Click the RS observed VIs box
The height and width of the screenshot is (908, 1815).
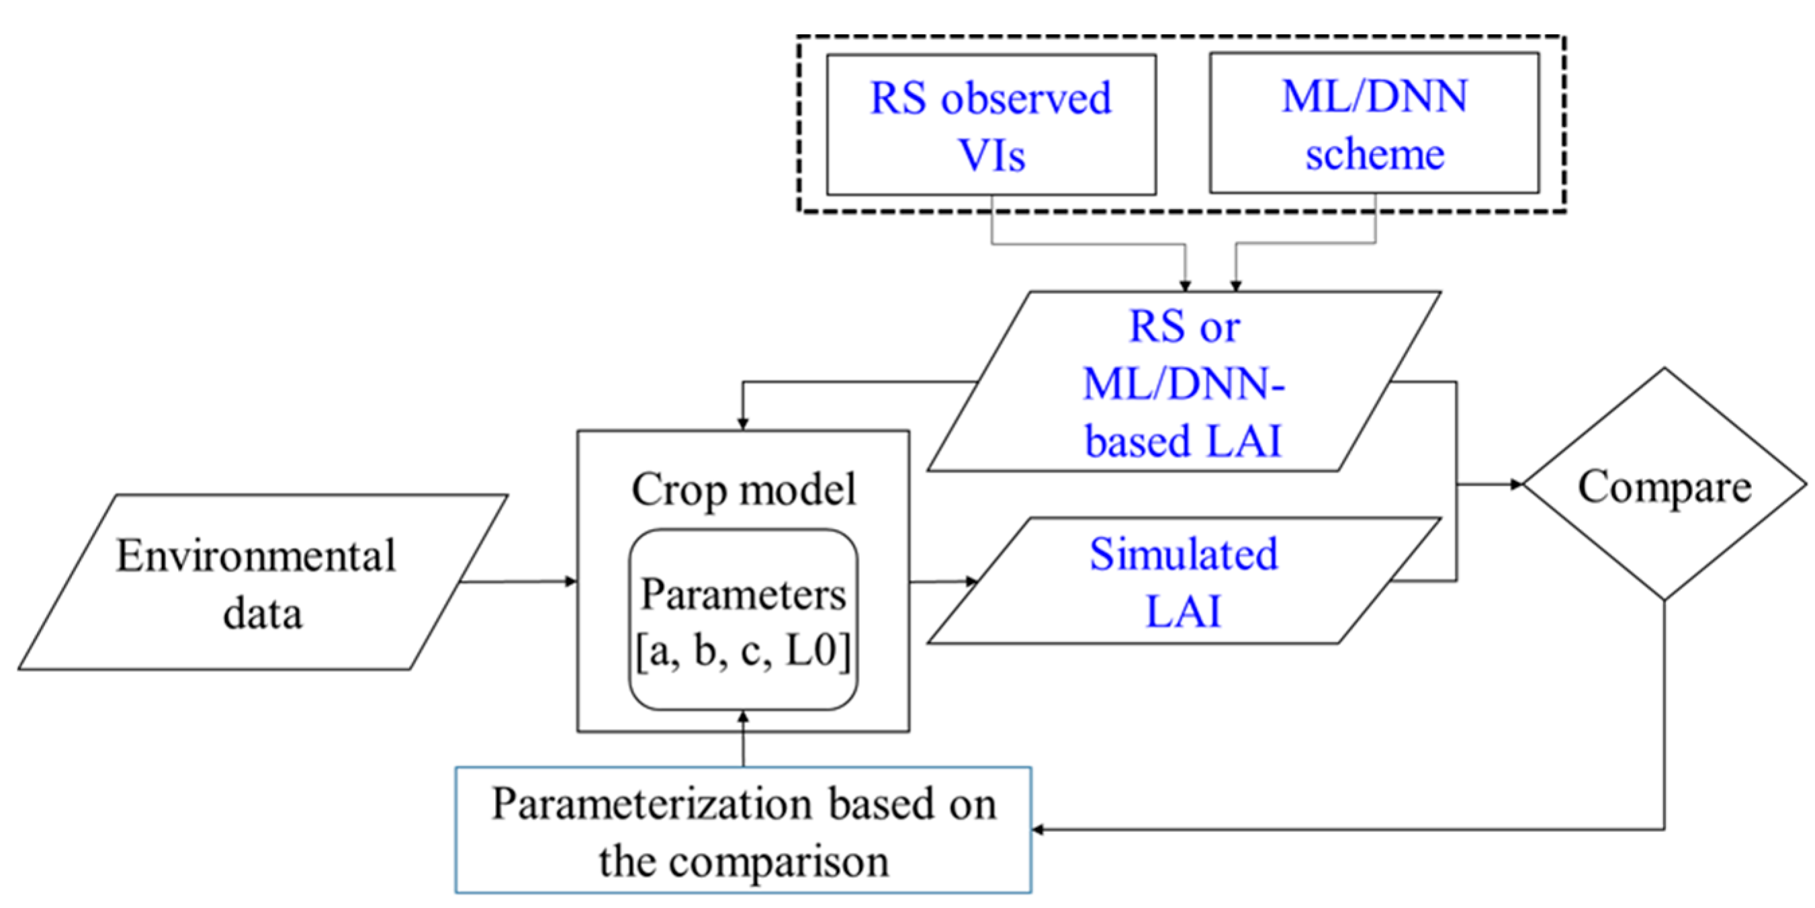(990, 125)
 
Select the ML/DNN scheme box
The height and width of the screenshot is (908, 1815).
(1374, 124)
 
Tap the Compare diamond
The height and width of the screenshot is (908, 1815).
(1665, 485)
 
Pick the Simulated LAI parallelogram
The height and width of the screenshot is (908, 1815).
(1184, 581)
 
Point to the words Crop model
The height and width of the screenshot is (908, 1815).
(744, 489)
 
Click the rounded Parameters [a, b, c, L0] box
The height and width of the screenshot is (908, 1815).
(744, 620)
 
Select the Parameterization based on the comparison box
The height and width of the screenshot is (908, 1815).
(744, 831)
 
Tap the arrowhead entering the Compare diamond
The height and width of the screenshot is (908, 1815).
(1517, 485)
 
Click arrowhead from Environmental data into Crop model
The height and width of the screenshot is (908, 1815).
(572, 581)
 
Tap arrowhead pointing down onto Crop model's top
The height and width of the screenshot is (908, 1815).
(743, 423)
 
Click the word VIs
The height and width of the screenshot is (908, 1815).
(991, 155)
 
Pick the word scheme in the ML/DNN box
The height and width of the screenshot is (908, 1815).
(1374, 154)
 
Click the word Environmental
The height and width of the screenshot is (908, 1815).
(255, 556)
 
